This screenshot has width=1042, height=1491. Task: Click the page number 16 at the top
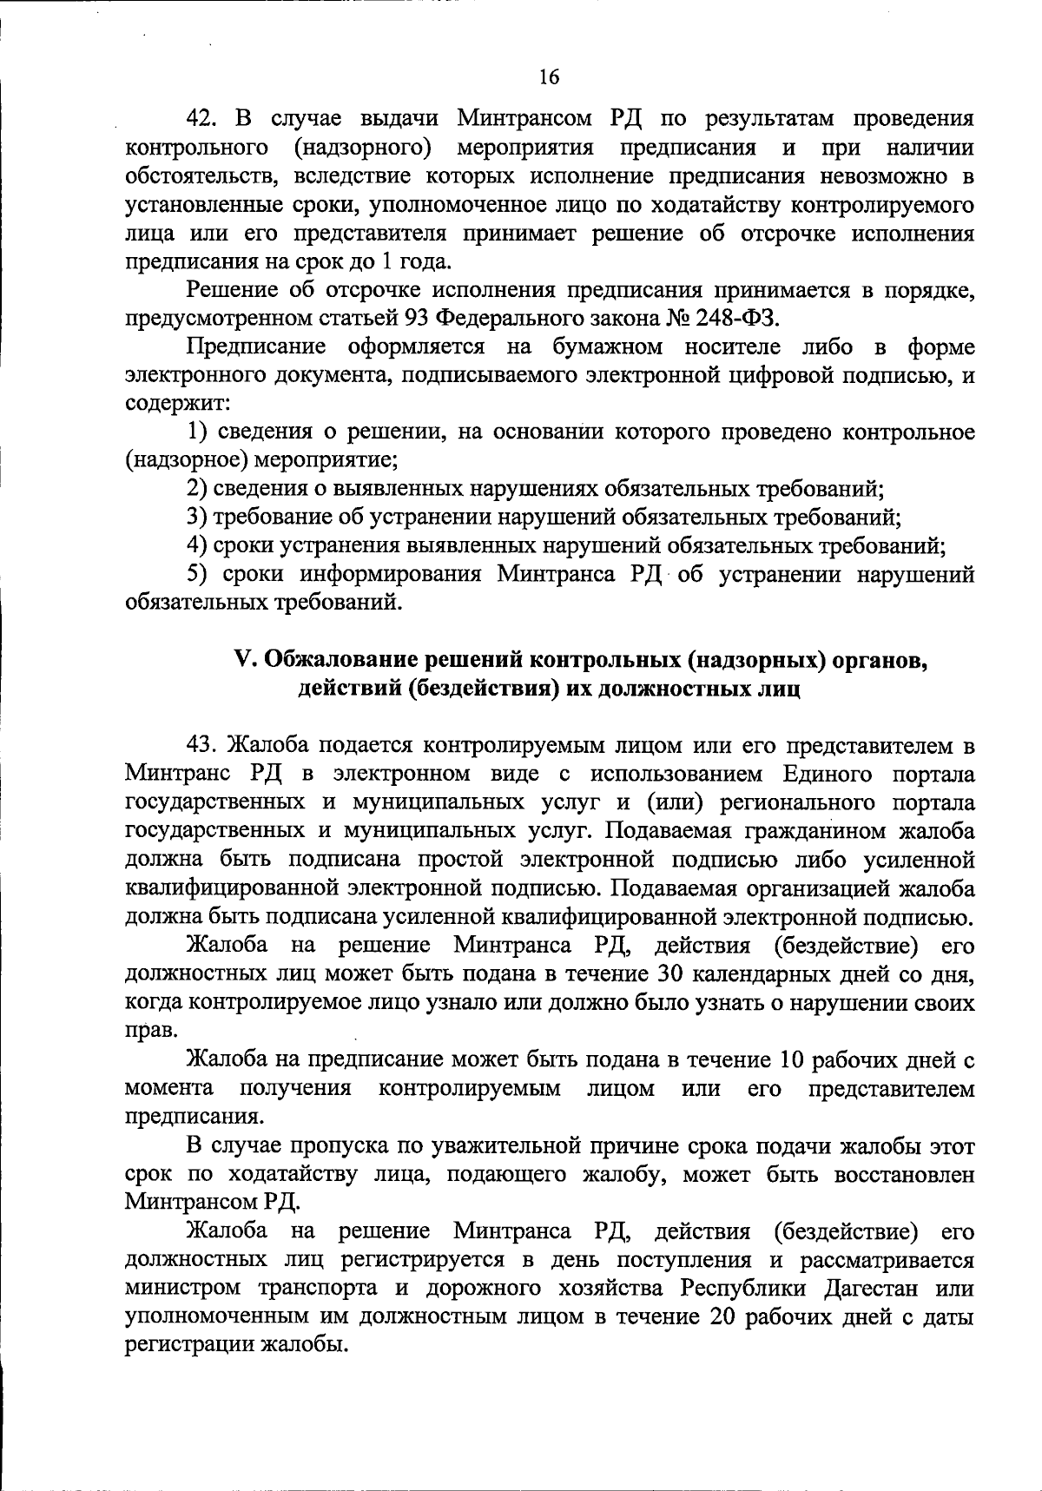[549, 77]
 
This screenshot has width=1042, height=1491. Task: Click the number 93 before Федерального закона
[417, 318]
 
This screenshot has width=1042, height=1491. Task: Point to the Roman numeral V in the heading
[243, 660]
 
